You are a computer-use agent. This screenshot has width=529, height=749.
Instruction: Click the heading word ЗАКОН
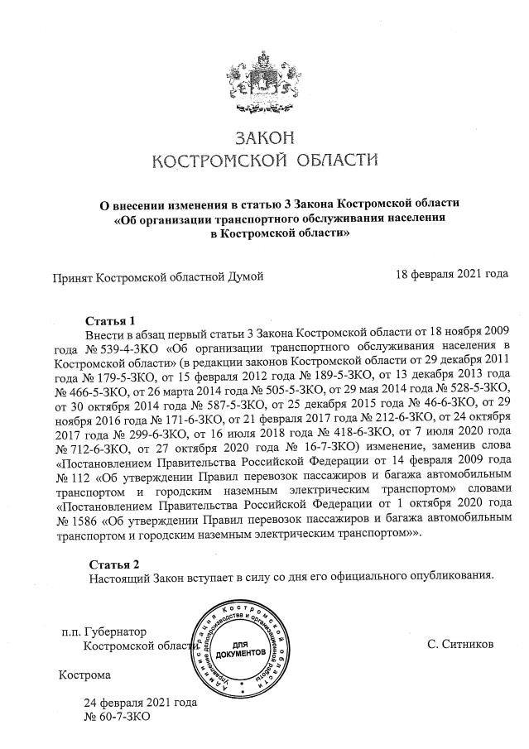point(265,137)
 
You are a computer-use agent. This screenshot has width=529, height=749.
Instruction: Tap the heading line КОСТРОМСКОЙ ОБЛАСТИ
point(265,159)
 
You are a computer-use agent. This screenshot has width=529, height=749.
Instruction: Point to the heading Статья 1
point(110,319)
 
